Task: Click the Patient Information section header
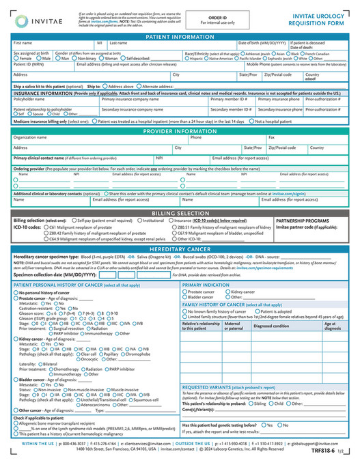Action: pyautogui.click(x=180, y=36)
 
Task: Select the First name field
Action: pyautogui.click(x=51, y=46)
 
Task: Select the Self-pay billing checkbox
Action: pyautogui.click(x=73, y=221)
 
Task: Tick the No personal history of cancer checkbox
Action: pyautogui.click(x=16, y=292)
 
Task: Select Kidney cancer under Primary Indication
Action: pyautogui.click(x=227, y=292)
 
